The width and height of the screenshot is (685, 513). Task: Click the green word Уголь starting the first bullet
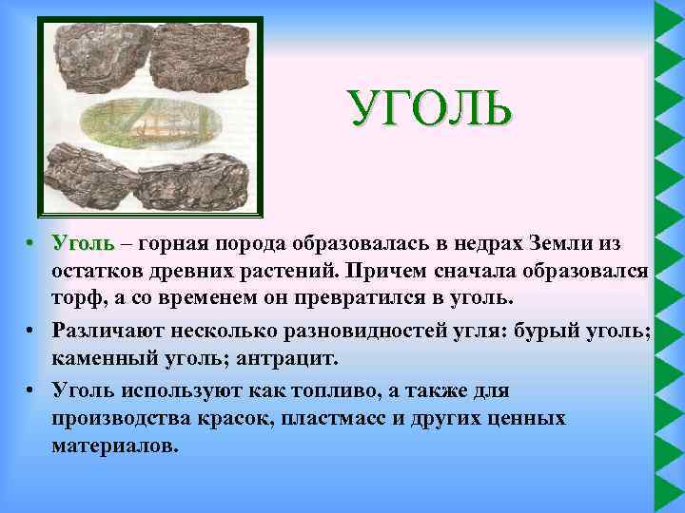(x=84, y=244)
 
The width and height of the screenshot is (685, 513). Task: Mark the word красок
(x=229, y=418)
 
